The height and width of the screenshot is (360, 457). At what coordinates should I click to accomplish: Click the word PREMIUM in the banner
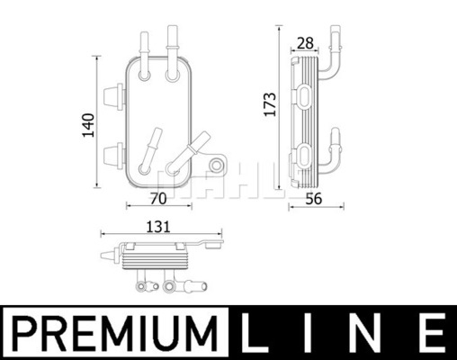(x=116, y=334)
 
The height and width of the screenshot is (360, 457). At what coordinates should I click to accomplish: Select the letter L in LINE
(x=255, y=334)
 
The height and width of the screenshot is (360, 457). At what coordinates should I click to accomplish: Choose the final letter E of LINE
(x=433, y=334)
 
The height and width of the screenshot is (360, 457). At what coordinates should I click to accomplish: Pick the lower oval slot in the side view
(x=304, y=150)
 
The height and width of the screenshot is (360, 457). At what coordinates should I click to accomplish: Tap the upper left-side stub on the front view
(x=112, y=93)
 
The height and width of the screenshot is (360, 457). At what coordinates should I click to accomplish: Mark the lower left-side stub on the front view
(x=112, y=150)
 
